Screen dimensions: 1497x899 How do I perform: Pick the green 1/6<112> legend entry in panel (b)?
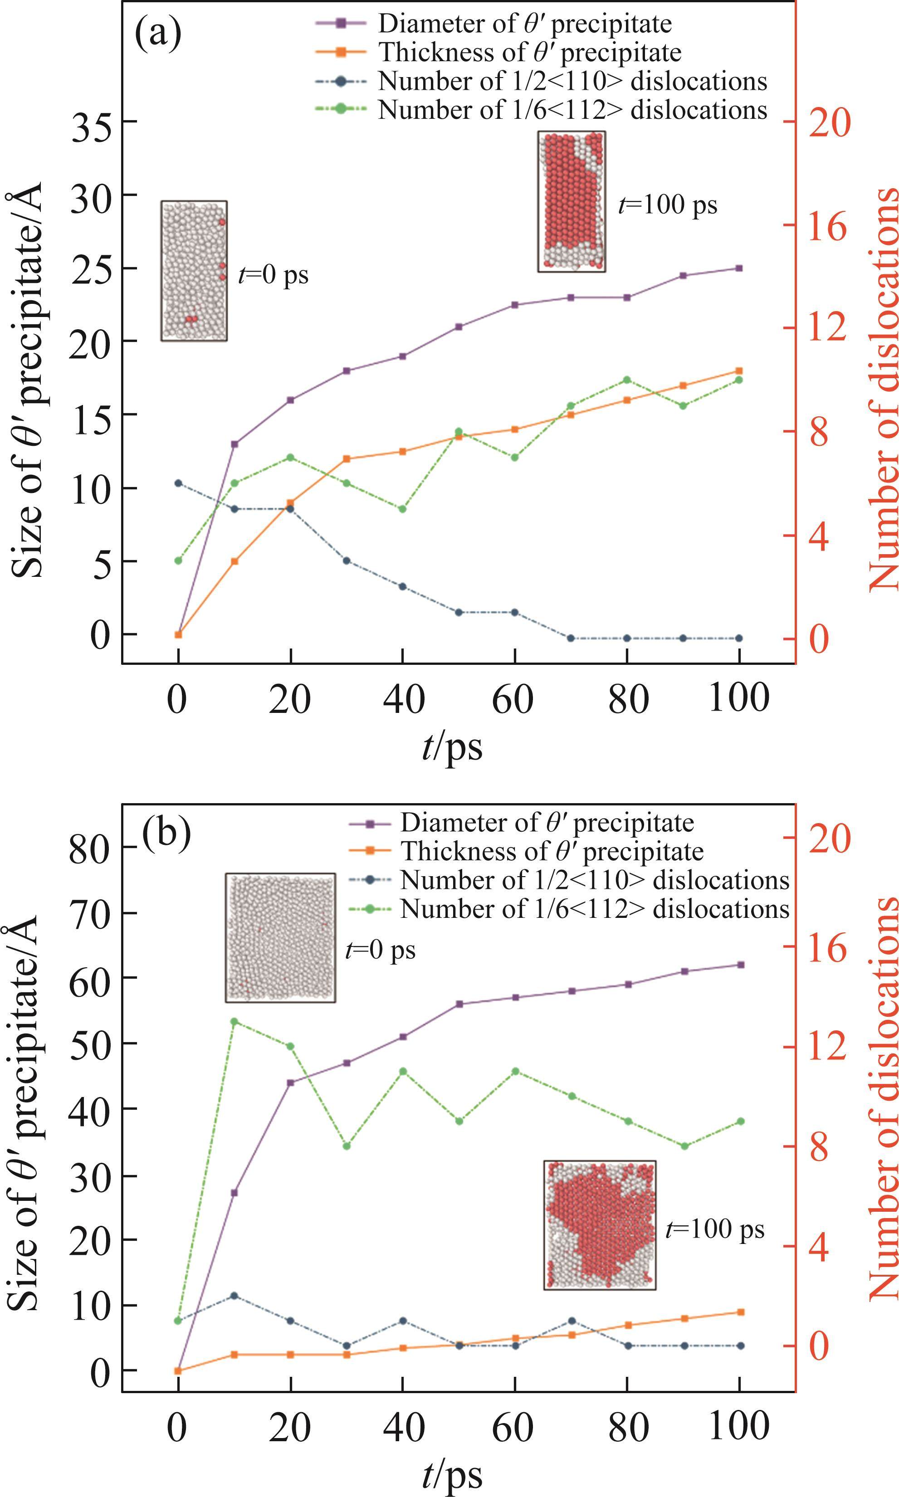point(594,908)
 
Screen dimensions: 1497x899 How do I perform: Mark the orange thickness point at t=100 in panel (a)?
point(739,371)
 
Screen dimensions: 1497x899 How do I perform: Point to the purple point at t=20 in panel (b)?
point(291,1100)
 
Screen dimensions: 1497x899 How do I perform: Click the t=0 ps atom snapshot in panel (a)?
point(194,271)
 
